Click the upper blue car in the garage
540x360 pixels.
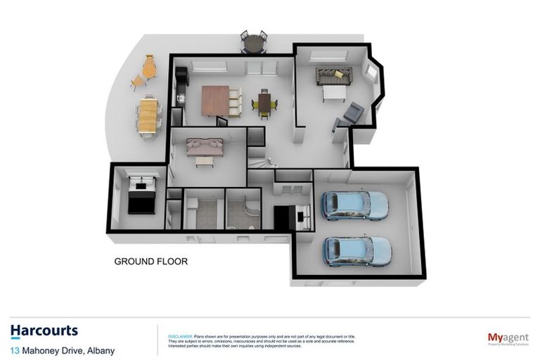[354, 205]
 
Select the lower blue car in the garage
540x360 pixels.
[356, 250]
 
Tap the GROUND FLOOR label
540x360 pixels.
[150, 262]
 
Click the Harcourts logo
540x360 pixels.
[44, 331]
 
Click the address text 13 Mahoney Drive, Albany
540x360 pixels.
[62, 350]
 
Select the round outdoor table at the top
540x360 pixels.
[254, 44]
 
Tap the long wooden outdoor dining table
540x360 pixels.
[148, 116]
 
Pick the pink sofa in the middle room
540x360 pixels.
[205, 146]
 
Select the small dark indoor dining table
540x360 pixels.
[264, 103]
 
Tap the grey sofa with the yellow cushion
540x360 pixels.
[333, 75]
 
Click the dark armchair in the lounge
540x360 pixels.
[352, 112]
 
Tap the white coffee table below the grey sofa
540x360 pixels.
[334, 93]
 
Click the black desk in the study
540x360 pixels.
[285, 217]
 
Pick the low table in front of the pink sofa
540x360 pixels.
[205, 161]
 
